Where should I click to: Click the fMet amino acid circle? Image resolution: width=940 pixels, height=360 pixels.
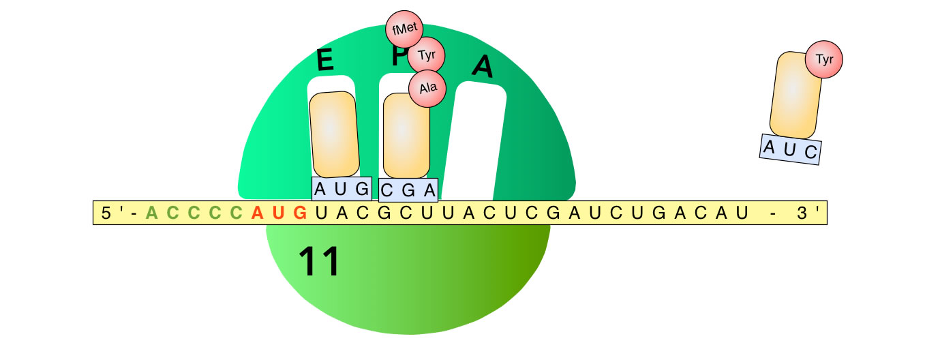click(405, 29)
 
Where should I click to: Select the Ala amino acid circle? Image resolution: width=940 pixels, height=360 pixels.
click(427, 88)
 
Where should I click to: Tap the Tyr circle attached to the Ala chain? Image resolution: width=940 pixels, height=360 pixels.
click(426, 56)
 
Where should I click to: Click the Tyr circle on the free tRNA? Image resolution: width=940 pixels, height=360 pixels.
click(824, 59)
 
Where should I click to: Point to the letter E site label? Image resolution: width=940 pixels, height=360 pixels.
click(325, 61)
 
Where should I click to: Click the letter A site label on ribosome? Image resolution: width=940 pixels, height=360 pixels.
click(483, 65)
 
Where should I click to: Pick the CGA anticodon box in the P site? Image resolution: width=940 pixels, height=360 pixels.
click(408, 190)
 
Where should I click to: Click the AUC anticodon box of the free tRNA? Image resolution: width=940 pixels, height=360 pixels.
click(790, 149)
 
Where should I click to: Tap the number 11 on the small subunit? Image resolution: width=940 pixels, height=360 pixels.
click(319, 262)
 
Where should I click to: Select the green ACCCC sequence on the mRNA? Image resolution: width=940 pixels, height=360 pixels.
click(194, 213)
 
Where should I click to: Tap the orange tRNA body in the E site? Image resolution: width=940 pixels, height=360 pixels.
click(334, 134)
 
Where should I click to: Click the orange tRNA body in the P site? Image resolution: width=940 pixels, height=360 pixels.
click(406, 135)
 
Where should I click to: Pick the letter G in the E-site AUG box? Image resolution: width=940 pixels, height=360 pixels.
click(361, 189)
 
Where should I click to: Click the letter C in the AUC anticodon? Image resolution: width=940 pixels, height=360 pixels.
click(810, 152)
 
